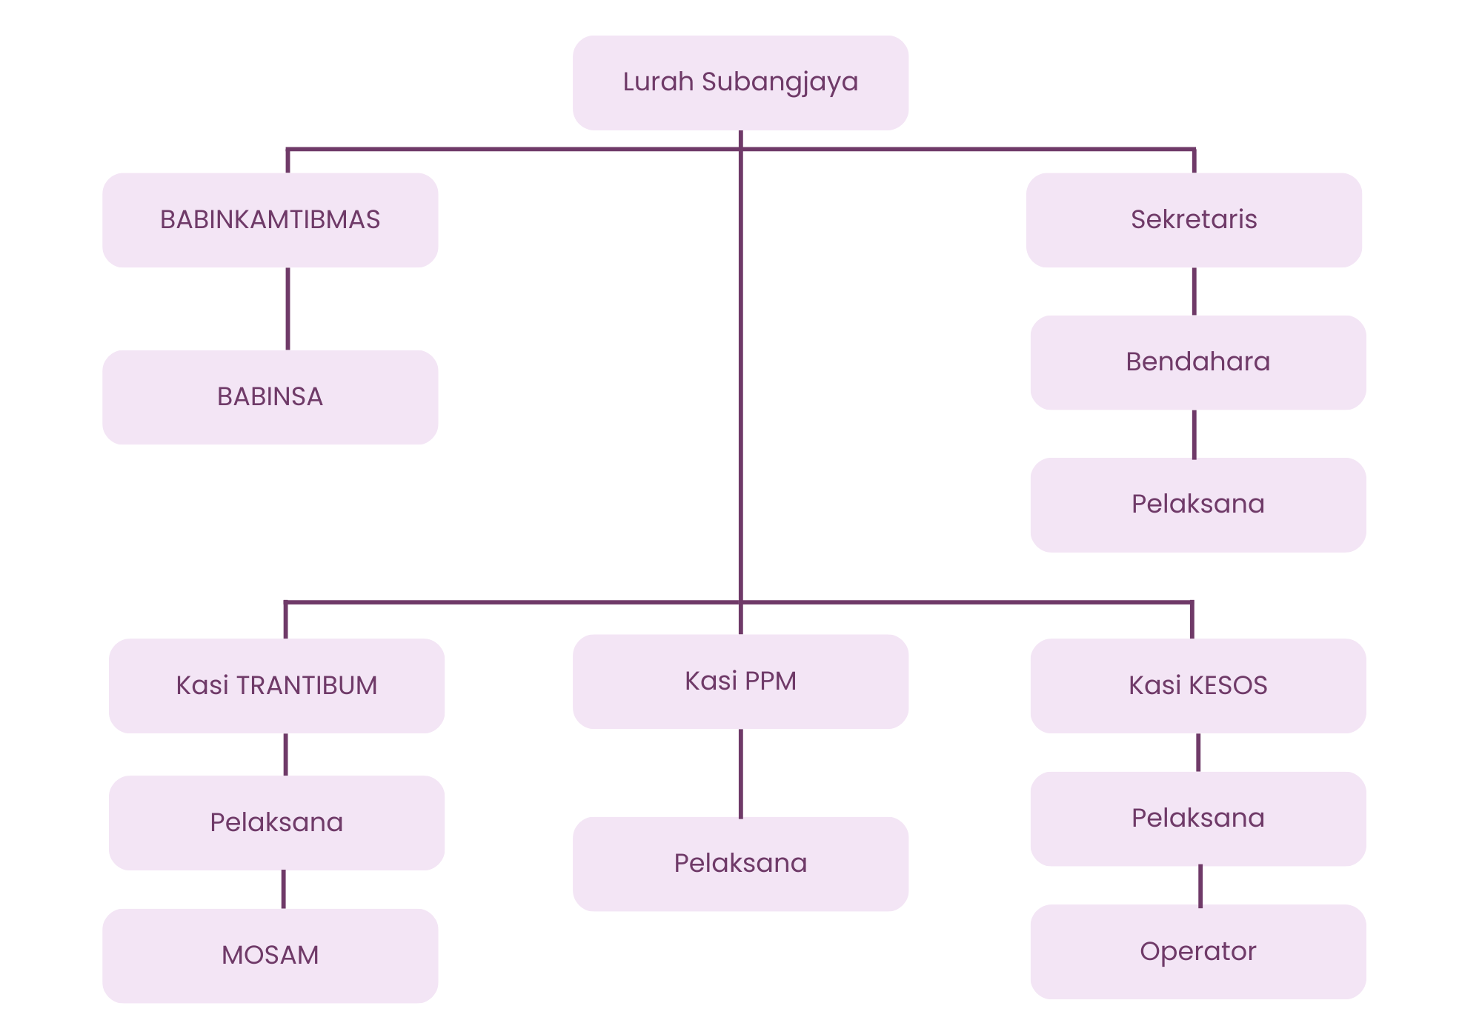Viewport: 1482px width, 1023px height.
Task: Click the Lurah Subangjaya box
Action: coord(740,82)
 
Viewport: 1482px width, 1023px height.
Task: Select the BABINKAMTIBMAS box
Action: coord(270,220)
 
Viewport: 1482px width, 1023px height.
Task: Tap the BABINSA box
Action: coord(270,397)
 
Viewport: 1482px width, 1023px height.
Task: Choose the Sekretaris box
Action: coord(1194,220)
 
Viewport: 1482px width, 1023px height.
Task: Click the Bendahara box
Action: coord(1197,362)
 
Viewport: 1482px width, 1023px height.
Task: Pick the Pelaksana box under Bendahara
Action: coord(1197,504)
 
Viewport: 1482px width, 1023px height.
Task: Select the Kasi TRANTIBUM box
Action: coord(276,685)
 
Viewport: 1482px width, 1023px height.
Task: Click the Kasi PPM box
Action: coord(740,681)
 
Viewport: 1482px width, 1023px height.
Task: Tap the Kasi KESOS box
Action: coord(1197,685)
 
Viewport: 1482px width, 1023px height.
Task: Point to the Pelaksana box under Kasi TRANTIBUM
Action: coord(276,822)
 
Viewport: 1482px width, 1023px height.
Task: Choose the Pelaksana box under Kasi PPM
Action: coord(740,864)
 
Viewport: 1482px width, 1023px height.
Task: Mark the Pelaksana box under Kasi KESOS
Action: coord(1197,819)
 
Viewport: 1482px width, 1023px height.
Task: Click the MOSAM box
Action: coord(270,956)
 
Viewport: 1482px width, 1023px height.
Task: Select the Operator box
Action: coord(1197,951)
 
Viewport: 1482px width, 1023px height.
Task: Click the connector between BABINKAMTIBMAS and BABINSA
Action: coord(288,308)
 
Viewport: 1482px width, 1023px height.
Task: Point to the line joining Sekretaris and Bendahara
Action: coord(1194,291)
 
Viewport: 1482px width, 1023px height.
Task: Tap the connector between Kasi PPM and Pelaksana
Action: coord(740,773)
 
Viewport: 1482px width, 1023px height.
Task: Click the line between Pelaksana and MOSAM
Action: coord(283,889)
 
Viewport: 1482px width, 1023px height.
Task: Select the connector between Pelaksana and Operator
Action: coord(1200,885)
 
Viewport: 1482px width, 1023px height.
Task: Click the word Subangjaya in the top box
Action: coord(780,82)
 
